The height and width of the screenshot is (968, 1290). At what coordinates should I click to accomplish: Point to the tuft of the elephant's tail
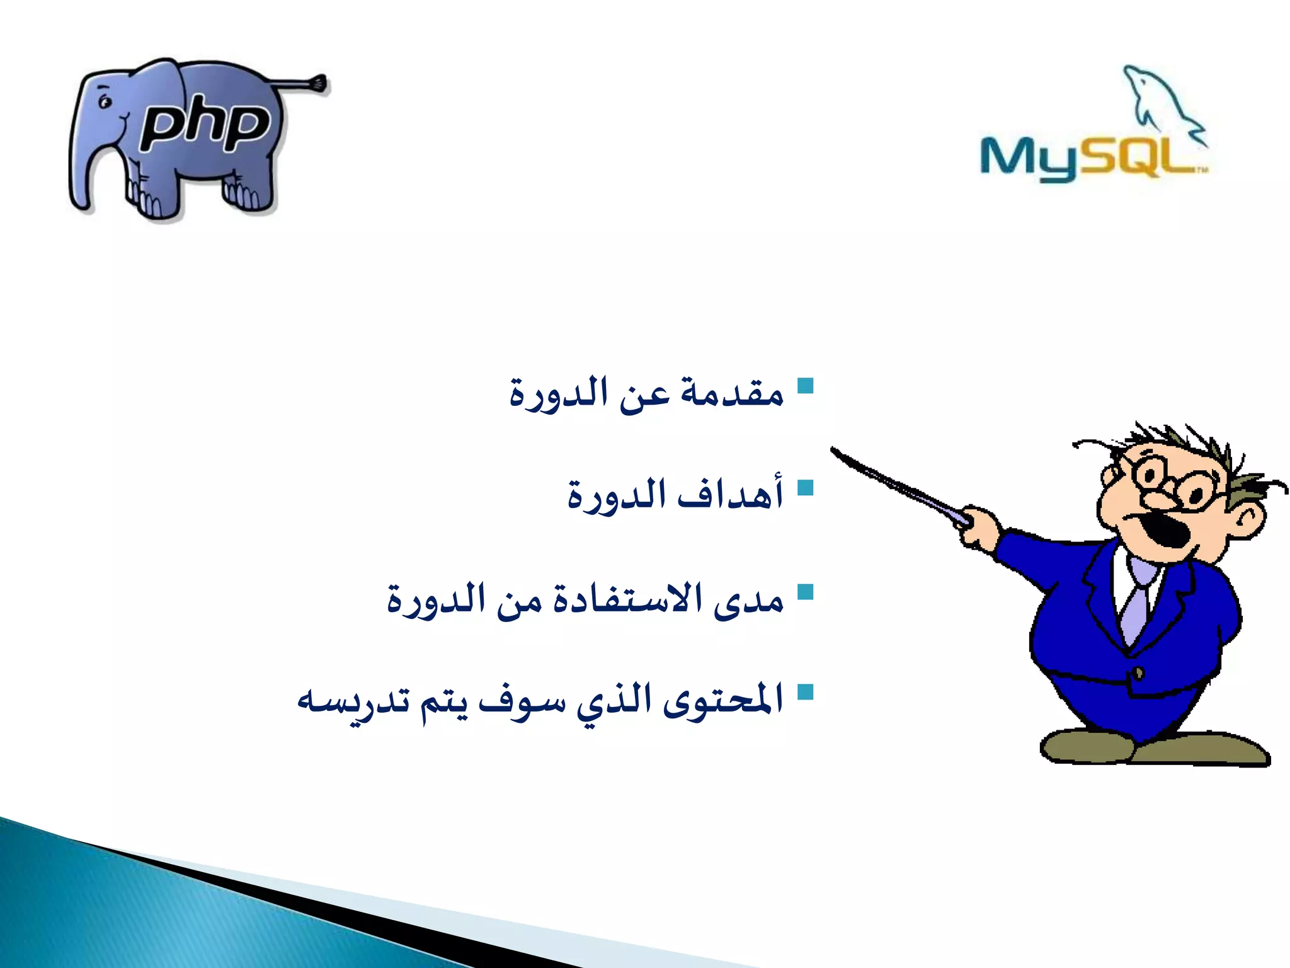318,83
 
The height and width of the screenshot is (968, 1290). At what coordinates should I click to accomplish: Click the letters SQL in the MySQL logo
1140,158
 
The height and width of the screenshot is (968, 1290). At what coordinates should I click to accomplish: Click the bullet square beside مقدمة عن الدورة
805,386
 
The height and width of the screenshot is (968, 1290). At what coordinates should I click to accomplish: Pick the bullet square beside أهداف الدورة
805,488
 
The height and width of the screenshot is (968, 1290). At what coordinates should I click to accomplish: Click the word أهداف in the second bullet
731,495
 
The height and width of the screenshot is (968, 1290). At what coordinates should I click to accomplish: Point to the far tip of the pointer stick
833,449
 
